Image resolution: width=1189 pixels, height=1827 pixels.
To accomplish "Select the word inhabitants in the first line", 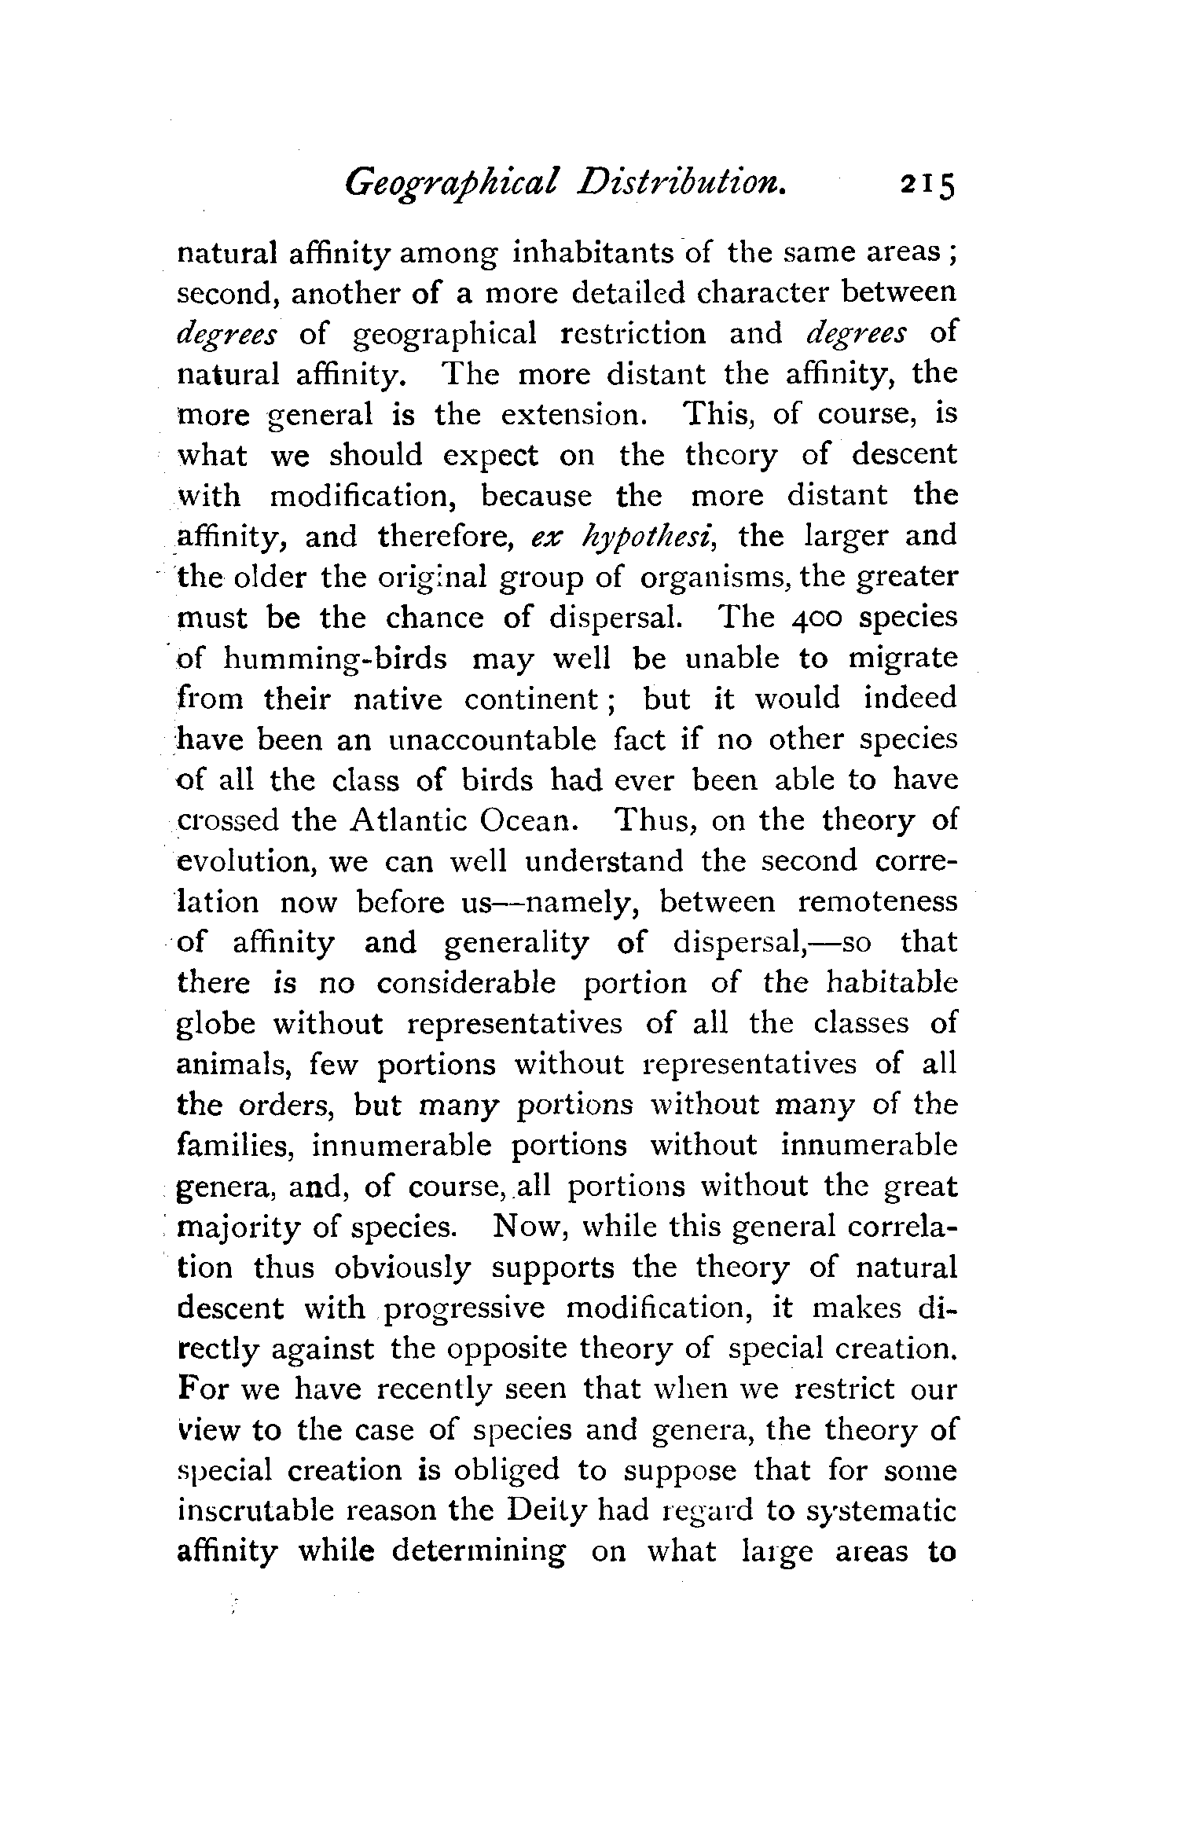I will click(x=591, y=253).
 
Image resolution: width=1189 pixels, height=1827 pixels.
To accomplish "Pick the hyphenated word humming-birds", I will click(x=335, y=659).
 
